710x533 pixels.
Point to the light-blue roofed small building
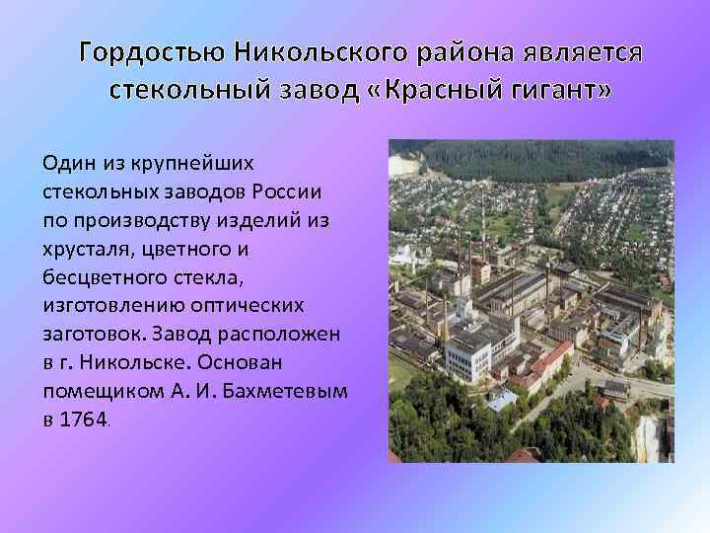[500, 401]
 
